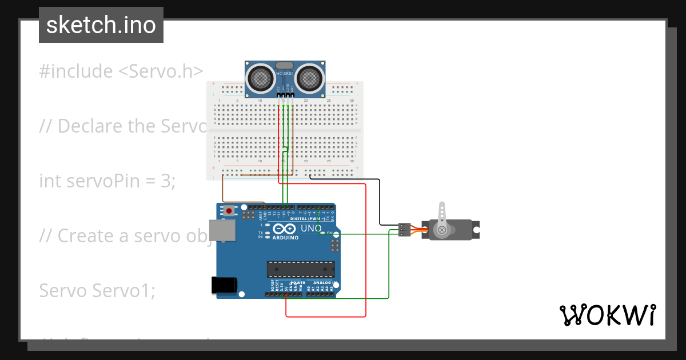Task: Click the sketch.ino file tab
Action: tap(101, 25)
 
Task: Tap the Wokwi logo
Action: tap(607, 315)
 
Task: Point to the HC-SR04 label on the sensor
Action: tap(285, 74)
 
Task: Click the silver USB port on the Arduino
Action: tap(222, 230)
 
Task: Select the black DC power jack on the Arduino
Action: tap(224, 285)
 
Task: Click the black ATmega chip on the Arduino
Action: tap(301, 269)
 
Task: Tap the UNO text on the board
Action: tap(311, 228)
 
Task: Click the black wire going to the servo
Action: tap(380, 200)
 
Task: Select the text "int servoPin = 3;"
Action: tap(107, 181)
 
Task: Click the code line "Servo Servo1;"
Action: tap(97, 291)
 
